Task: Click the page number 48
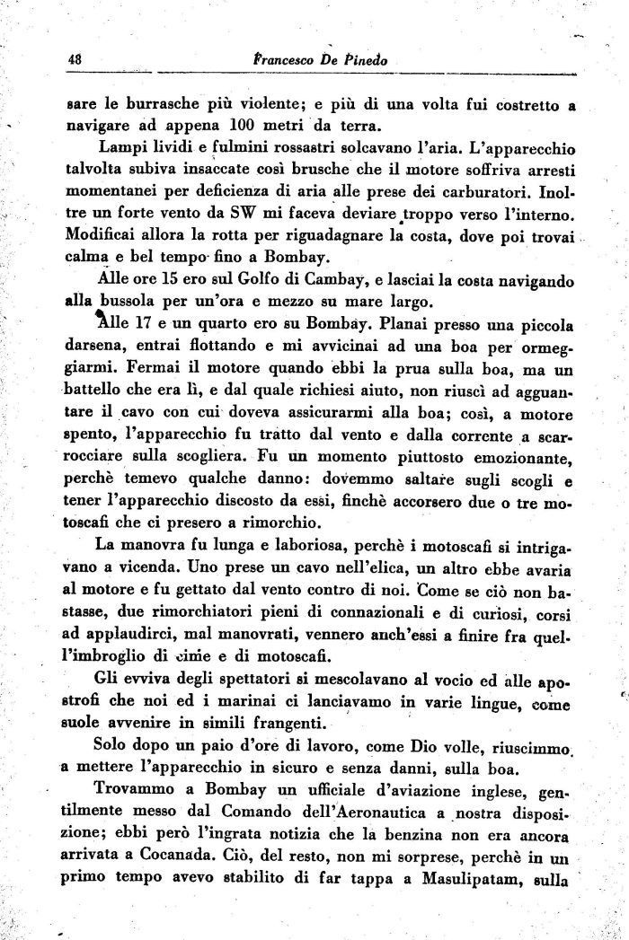[75, 57]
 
